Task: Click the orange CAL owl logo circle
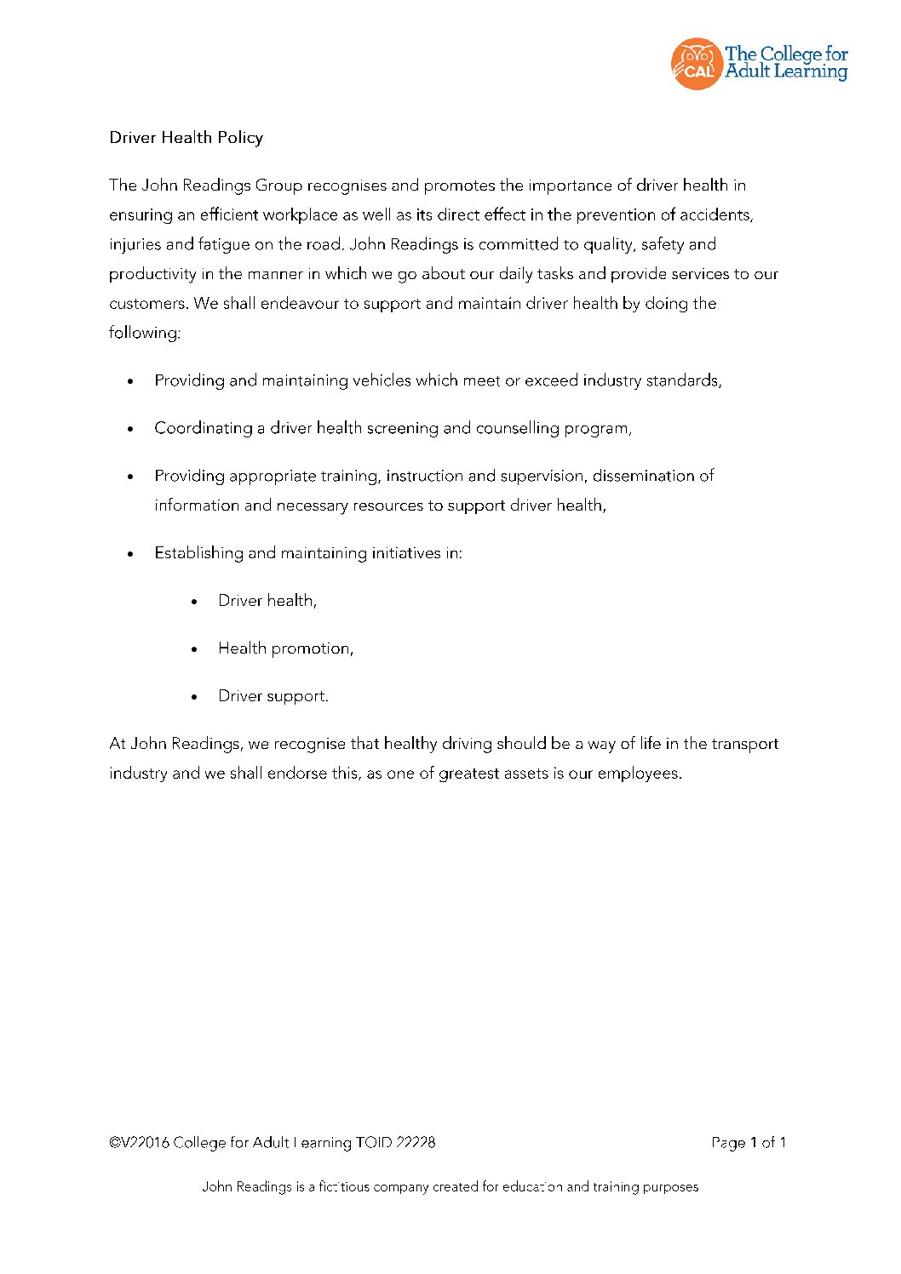click(x=697, y=64)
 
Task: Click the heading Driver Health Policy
click(x=186, y=138)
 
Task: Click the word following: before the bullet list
click(x=144, y=333)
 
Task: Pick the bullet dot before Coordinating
click(x=130, y=429)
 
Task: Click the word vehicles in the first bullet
click(x=382, y=380)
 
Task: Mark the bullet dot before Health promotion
click(x=195, y=649)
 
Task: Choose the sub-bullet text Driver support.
click(x=273, y=696)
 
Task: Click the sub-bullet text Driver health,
click(x=267, y=601)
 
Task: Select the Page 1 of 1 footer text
click(x=749, y=1143)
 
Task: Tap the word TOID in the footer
click(x=374, y=1143)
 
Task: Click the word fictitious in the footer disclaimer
click(x=344, y=1187)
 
